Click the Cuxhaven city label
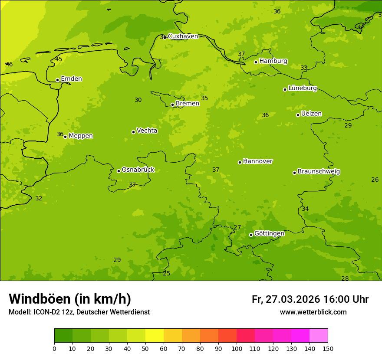(183, 36)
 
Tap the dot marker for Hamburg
(256, 62)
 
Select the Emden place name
(71, 79)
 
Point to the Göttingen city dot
(251, 235)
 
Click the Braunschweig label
(319, 172)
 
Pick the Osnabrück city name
(138, 170)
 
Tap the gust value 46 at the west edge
(9, 65)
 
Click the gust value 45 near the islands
(59, 59)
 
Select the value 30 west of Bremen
(138, 100)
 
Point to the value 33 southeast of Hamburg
(304, 68)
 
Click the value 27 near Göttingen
(237, 228)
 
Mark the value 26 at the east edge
(375, 180)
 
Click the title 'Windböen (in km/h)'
(70, 299)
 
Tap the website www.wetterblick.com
(313, 312)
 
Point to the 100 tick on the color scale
(237, 348)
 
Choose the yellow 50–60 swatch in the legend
(155, 336)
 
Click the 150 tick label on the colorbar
(328, 348)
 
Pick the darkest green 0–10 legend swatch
(63, 336)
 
